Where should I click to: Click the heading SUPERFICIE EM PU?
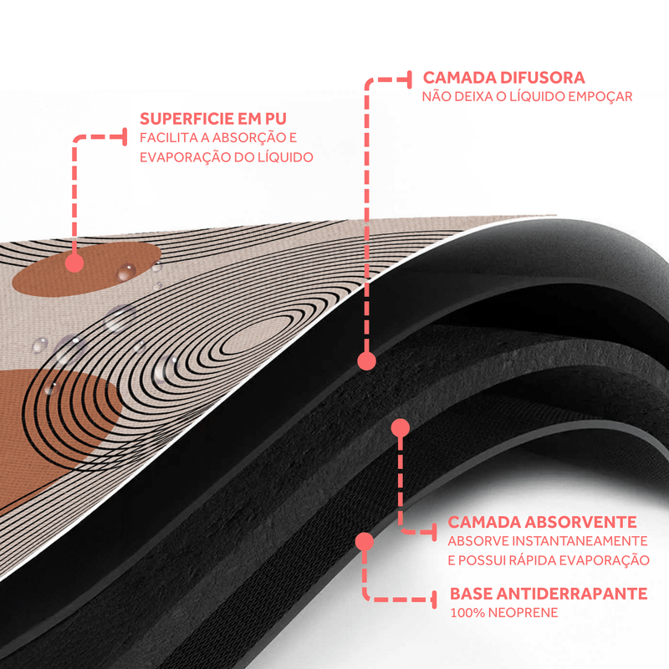(x=217, y=118)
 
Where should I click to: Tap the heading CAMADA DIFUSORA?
(x=503, y=78)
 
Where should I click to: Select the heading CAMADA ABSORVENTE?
(x=543, y=522)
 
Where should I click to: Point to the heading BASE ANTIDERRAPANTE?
(x=549, y=594)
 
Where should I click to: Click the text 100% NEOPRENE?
(x=503, y=614)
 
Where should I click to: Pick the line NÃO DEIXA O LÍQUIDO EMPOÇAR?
(x=527, y=97)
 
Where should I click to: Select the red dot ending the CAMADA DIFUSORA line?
(x=365, y=361)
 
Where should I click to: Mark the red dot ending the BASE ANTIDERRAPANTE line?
(x=364, y=541)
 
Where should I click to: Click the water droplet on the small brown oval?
(x=127, y=271)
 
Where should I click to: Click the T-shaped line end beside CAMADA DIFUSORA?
(x=411, y=79)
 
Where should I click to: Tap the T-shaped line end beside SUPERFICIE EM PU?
(x=125, y=136)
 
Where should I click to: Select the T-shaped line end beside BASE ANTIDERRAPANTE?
(x=435, y=599)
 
